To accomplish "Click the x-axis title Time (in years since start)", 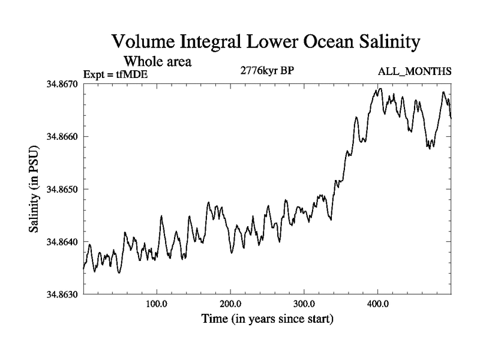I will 268,319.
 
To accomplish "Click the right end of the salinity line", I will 451,118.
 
